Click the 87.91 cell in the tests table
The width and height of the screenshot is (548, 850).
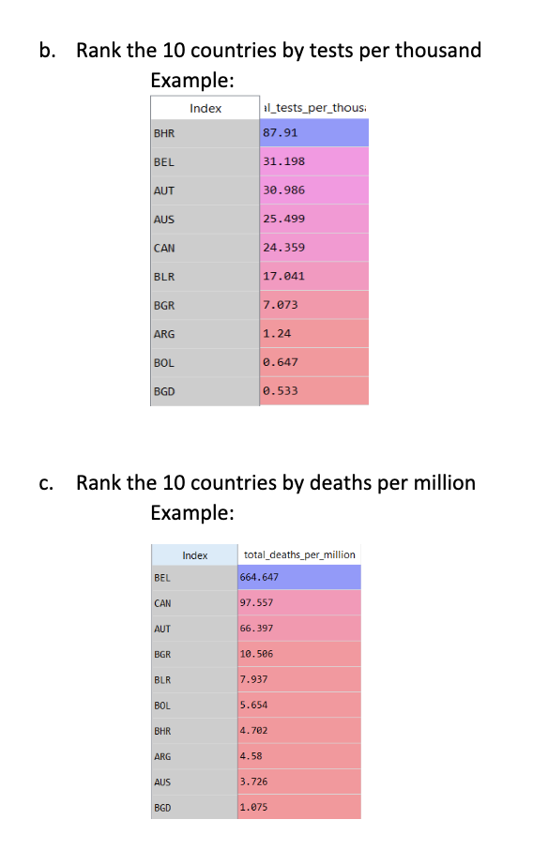pyautogui.click(x=313, y=133)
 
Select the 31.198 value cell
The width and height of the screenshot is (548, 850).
pyautogui.click(x=313, y=161)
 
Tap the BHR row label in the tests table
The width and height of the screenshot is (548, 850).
pyautogui.click(x=205, y=133)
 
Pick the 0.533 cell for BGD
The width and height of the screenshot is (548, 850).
pyautogui.click(x=313, y=391)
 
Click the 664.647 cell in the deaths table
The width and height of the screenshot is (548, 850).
pyautogui.click(x=299, y=577)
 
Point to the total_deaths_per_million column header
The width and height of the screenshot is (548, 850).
pyautogui.click(x=299, y=554)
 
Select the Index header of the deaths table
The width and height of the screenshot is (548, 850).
pyautogui.click(x=194, y=555)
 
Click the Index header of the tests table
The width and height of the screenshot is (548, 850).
pyautogui.click(x=205, y=108)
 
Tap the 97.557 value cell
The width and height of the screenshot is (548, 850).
pyautogui.click(x=299, y=603)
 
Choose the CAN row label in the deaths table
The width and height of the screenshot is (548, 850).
pyautogui.click(x=194, y=603)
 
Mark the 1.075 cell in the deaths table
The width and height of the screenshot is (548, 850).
pyautogui.click(x=299, y=807)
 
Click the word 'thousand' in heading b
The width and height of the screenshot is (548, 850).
pyautogui.click(x=438, y=50)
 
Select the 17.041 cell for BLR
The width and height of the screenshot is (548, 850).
pyautogui.click(x=313, y=276)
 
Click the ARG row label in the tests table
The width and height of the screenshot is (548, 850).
pyautogui.click(x=205, y=334)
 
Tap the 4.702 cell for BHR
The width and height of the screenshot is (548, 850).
pyautogui.click(x=299, y=731)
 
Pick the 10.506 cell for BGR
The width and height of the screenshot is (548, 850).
pyautogui.click(x=299, y=654)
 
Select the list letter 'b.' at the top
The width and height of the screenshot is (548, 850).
pyautogui.click(x=47, y=50)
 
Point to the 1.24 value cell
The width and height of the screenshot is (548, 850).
pyautogui.click(x=313, y=333)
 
